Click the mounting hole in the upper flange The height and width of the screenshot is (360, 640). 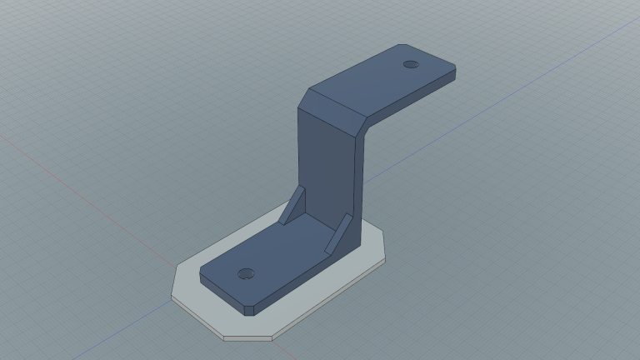(410, 64)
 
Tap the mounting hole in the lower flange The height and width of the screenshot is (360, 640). (245, 273)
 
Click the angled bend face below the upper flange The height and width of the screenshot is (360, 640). (333, 109)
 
